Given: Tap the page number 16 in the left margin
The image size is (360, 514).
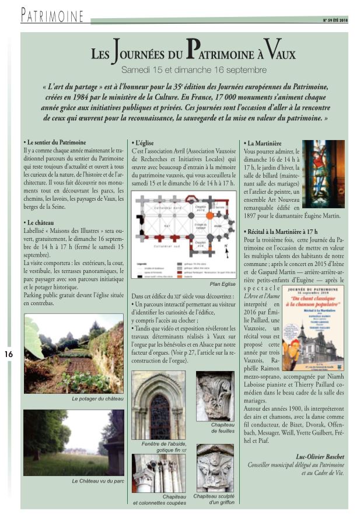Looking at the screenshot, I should tap(9, 354).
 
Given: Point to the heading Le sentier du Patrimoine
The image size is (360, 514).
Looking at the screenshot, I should tap(56, 142).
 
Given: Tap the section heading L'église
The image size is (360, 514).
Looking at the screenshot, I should tap(144, 142).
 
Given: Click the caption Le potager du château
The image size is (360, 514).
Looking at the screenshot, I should tap(74, 398).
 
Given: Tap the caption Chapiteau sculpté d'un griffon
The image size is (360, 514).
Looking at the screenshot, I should tap(214, 499).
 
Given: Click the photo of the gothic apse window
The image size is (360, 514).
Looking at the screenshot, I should tap(158, 406).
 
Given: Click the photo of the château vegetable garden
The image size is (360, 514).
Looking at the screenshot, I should tap(74, 353).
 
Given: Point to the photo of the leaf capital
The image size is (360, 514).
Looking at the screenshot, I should tap(214, 396).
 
